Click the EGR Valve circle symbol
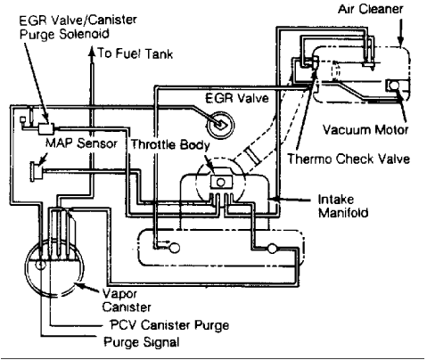(220, 125)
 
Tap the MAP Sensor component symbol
(37, 172)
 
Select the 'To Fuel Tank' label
(135, 53)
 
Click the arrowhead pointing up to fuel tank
(92, 53)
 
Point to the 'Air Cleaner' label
(370, 9)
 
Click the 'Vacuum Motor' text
(365, 130)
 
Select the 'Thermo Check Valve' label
(349, 159)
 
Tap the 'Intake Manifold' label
(343, 206)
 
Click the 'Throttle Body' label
(170, 144)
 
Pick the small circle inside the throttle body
(220, 182)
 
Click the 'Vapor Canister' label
(127, 300)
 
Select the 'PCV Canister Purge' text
(169, 325)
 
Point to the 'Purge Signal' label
(142, 342)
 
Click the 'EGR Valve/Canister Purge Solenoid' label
(78, 27)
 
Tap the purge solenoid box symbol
(46, 128)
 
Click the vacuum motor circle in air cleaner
(394, 86)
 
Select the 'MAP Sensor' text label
(81, 143)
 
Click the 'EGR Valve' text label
(237, 98)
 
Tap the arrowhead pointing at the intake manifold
(274, 199)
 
